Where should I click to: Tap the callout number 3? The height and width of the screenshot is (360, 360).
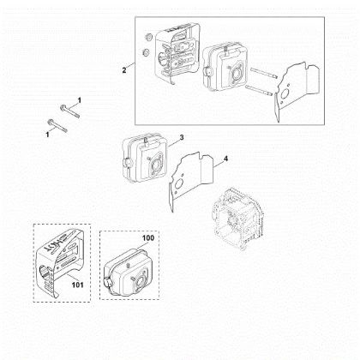click(182, 137)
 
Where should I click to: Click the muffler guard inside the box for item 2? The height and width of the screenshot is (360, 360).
click(174, 57)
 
